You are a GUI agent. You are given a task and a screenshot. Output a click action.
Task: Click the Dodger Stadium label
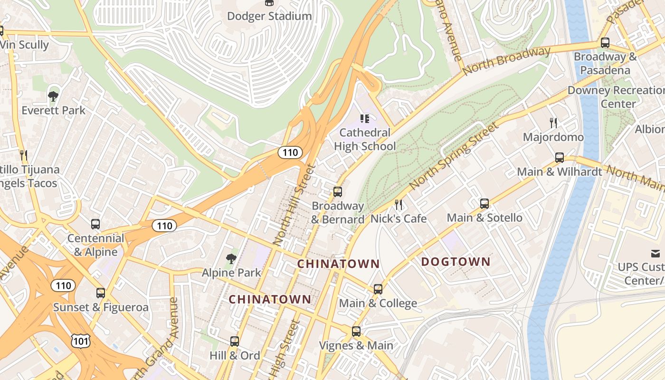point(269,16)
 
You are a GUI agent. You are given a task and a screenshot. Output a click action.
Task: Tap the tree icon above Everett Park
point(53,96)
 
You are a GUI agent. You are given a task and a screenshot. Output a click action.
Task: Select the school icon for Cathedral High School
point(365,118)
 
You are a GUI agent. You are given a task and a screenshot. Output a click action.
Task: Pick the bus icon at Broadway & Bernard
point(338,192)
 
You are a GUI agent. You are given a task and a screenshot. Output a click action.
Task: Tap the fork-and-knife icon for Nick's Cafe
point(399,205)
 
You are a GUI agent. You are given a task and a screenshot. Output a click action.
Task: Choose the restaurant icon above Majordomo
point(553,123)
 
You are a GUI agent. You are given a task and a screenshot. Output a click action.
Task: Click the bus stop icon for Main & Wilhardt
point(560,158)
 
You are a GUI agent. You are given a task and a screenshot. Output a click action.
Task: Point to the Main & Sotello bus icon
point(484,204)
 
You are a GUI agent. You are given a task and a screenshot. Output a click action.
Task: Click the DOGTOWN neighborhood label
point(456,262)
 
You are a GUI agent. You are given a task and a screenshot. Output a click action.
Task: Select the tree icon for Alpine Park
point(231,259)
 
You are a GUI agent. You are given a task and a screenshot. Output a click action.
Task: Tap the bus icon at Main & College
point(378,289)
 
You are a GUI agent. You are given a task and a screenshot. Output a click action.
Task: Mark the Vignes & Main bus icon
point(356,332)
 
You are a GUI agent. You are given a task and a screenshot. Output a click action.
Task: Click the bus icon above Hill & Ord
point(235,341)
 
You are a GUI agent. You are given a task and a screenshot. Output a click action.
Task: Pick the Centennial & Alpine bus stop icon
point(95,224)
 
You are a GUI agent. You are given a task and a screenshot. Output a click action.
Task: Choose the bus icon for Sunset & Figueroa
point(101,293)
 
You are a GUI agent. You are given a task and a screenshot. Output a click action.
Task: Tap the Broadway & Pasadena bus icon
point(605,43)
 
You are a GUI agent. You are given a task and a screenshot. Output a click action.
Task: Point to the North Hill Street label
point(294,205)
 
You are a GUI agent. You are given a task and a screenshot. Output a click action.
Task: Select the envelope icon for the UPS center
point(655,253)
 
